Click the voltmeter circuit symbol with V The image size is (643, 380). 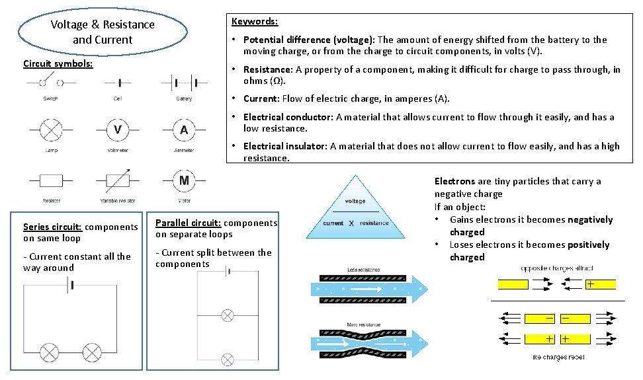tap(117, 130)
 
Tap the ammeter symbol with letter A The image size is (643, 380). tap(184, 130)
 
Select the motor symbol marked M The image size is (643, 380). tap(184, 180)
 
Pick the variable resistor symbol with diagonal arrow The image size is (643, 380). tap(117, 180)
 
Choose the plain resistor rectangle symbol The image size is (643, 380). tap(51, 180)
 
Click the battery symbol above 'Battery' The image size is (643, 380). tap(184, 83)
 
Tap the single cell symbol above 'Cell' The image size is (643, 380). tap(118, 83)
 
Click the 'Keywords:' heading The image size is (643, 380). tap(255, 21)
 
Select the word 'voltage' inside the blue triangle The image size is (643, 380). tap(355, 201)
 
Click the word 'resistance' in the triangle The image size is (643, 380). tap(374, 223)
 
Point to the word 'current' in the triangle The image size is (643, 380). tap(333, 223)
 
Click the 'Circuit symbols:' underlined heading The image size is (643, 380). tap(58, 64)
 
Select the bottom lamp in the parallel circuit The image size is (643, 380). tap(227, 360)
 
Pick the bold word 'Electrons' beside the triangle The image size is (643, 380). tap(454, 181)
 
